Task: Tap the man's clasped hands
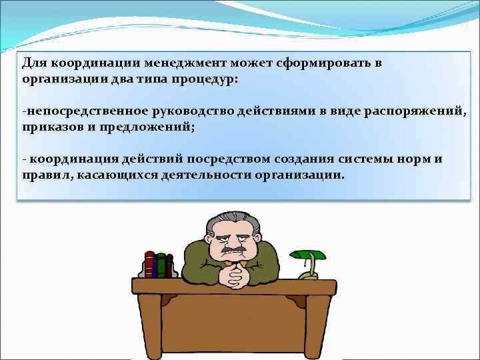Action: point(235,273)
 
